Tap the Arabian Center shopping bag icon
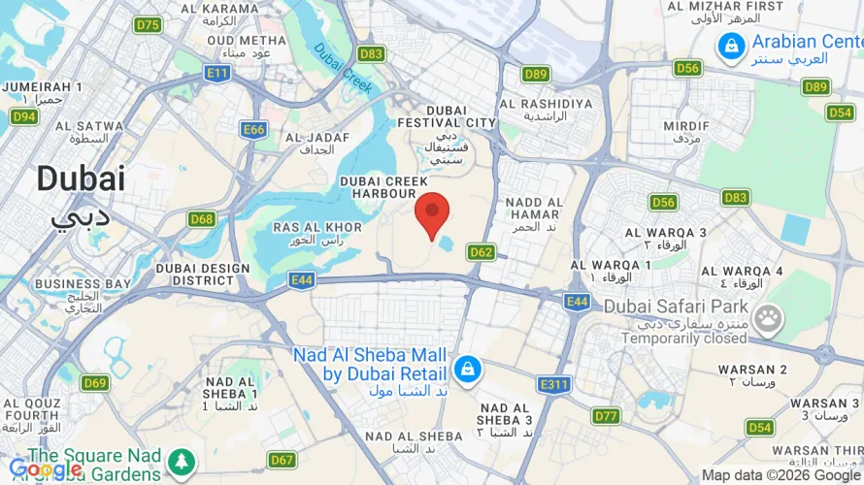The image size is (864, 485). click(730, 45)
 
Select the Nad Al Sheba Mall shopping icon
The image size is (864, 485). click(467, 369)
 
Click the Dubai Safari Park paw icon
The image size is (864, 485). click(769, 316)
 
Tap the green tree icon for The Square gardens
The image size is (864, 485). click(181, 462)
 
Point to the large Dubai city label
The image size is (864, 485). click(81, 179)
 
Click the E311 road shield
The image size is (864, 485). click(553, 384)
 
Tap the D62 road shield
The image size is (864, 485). click(481, 252)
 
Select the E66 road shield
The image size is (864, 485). click(254, 129)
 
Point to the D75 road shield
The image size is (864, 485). click(149, 25)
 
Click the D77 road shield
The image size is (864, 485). click(606, 416)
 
